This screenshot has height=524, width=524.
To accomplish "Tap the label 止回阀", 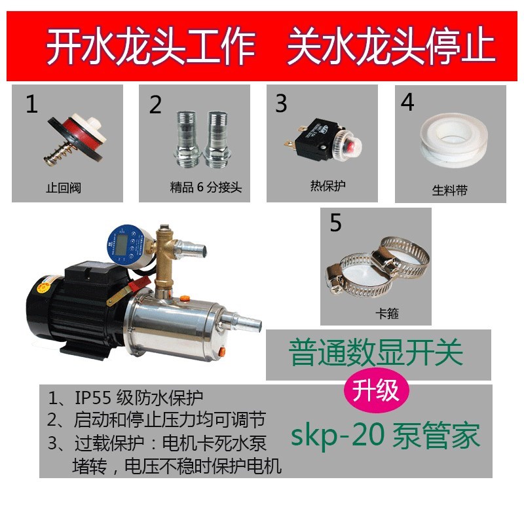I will (x=65, y=189).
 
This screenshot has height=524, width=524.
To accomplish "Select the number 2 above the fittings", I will (x=155, y=105).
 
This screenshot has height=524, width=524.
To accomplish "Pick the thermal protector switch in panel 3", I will (x=317, y=141).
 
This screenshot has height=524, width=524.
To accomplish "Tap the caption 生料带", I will (x=450, y=191).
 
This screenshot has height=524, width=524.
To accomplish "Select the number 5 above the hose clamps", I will (x=336, y=223).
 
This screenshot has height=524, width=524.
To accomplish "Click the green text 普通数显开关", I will (x=376, y=354).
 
